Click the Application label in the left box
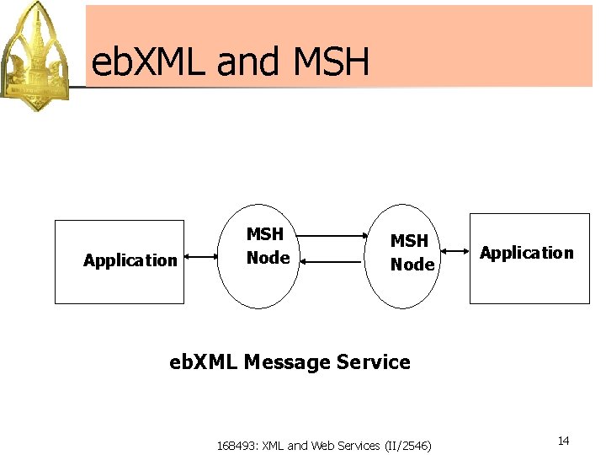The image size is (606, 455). (x=130, y=260)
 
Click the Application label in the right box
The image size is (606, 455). (x=527, y=253)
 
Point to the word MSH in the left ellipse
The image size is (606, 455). (x=264, y=235)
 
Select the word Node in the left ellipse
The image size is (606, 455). (x=268, y=258)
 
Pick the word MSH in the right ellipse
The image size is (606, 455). (x=409, y=241)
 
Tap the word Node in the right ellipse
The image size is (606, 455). (x=412, y=265)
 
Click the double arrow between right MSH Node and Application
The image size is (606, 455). (x=453, y=250)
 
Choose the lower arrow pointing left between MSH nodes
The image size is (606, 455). (x=331, y=262)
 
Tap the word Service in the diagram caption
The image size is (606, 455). (x=374, y=362)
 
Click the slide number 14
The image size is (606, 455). (x=564, y=442)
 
